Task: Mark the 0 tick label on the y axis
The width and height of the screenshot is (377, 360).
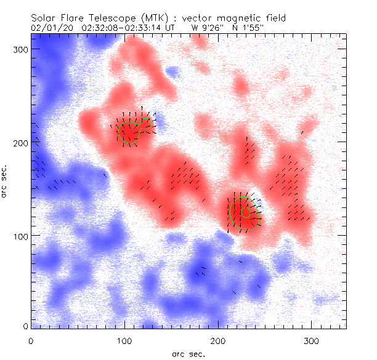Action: click(x=24, y=326)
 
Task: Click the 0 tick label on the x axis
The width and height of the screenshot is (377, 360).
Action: click(x=31, y=340)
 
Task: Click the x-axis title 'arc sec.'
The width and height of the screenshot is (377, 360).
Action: click(x=188, y=354)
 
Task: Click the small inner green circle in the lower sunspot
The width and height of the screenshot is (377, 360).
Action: click(x=246, y=212)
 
